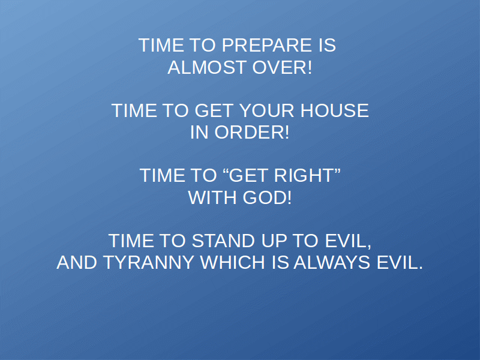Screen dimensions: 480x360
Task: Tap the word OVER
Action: pos(279,67)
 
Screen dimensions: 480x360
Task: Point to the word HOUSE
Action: pos(335,110)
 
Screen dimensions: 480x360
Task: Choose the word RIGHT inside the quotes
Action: pos(303,175)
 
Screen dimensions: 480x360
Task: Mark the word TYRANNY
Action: pos(148,262)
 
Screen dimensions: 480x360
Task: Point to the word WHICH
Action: pos(233,262)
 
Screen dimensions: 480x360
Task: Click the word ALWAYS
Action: pos(332,262)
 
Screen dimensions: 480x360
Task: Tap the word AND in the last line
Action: pos(77,262)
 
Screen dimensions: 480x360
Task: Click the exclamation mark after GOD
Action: pos(289,197)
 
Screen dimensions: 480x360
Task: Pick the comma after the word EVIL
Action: pos(369,245)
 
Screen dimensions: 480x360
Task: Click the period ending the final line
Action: pos(421,268)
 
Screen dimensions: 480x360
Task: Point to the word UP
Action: pos(274,241)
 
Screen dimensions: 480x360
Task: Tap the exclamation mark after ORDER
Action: pos(287,132)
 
